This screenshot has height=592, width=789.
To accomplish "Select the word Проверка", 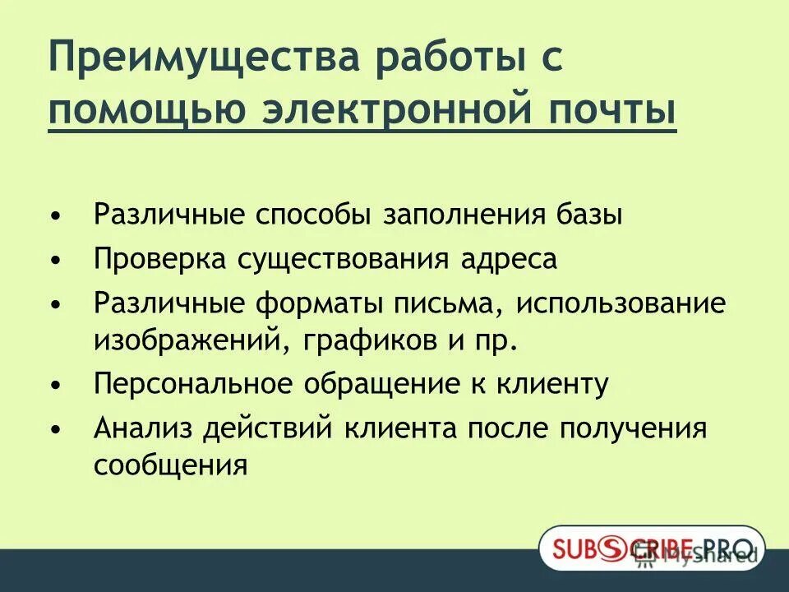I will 160,259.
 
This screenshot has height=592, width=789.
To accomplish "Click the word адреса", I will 508,259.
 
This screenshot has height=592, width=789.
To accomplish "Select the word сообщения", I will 171,465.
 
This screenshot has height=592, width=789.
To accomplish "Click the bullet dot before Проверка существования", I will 55,261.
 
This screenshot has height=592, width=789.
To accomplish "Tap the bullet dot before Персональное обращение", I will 55,385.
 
